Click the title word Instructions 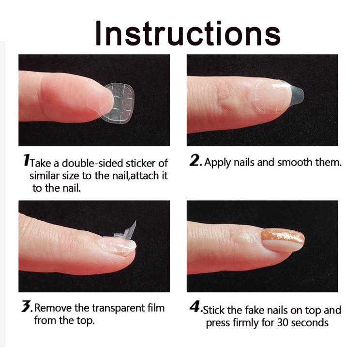pos(188,33)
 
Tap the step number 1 pos(26,160)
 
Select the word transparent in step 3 pos(119,308)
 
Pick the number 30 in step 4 pos(283,323)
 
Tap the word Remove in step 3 pos(53,308)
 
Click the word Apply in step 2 pos(218,163)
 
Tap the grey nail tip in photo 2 pos(297,93)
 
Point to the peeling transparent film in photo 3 pos(126,231)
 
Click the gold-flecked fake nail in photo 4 pos(283,240)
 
